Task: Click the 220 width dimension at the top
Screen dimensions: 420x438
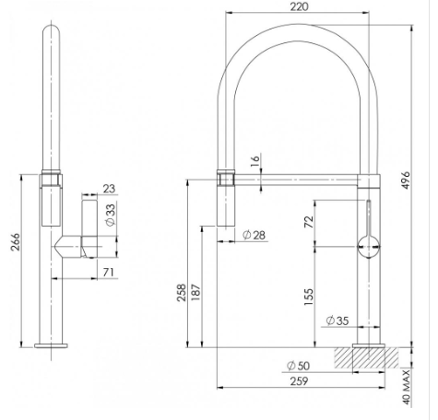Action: [297, 6]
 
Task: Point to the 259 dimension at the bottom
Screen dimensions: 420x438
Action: [298, 379]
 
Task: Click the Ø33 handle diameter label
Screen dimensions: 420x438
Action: [110, 216]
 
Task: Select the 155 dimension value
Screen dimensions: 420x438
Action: [310, 296]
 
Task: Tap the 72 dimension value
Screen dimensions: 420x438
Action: [310, 223]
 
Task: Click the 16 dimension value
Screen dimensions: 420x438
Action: [255, 162]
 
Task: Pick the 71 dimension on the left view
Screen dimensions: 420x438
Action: [109, 272]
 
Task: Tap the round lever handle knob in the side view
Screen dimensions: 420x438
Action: [367, 246]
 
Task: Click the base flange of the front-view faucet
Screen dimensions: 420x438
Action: [50, 346]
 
